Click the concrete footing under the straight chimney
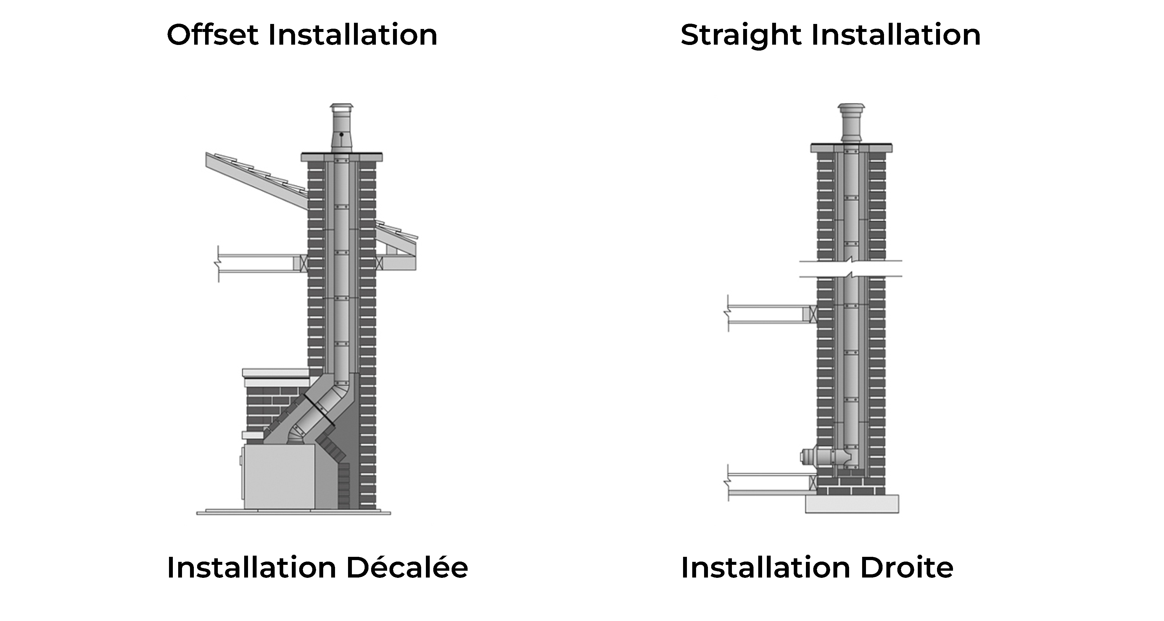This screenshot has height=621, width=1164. point(852,504)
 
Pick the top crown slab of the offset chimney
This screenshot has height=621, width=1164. point(342,157)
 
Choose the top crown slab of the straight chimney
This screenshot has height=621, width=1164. point(851,148)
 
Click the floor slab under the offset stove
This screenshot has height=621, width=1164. point(293,512)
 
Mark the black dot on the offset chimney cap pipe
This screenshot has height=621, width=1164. point(342,134)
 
